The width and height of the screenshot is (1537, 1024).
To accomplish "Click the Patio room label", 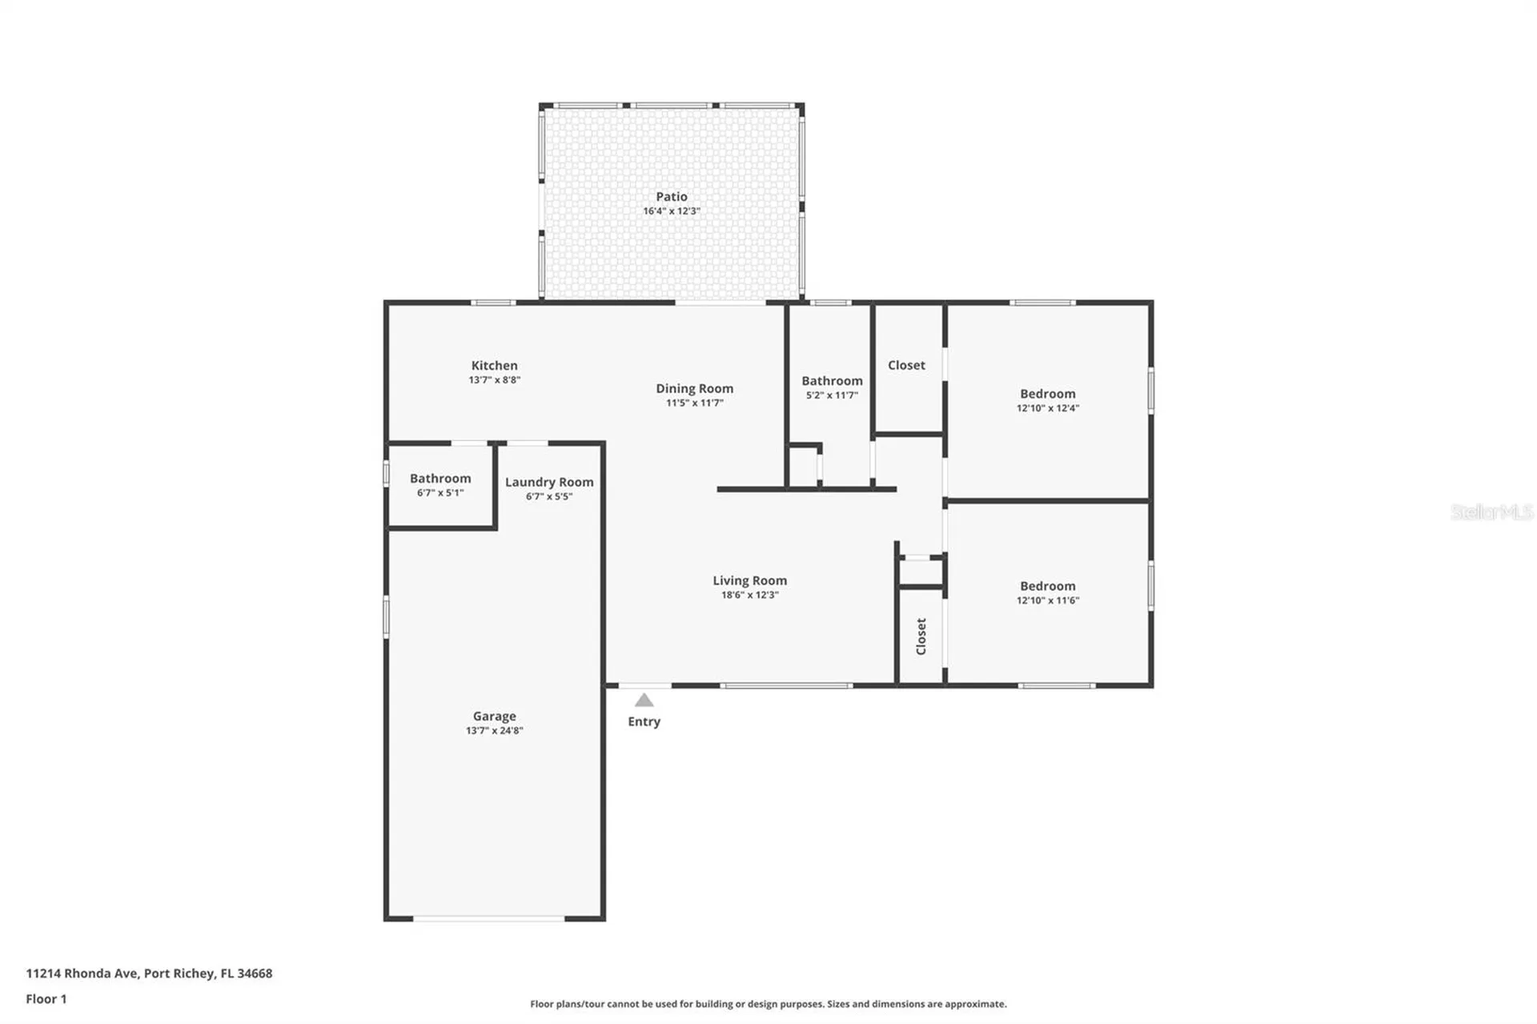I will point(671,196).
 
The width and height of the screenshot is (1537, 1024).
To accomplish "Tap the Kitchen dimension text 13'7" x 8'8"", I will point(494,380).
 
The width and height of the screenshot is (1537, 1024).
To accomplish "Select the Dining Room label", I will point(694,388).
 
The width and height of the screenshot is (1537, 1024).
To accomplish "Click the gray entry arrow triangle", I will point(644,701).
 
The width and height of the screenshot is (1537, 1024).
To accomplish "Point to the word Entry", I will point(644,721).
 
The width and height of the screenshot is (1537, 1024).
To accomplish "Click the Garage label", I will point(494,716).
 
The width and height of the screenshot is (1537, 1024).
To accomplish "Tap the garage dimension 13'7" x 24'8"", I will point(494,730).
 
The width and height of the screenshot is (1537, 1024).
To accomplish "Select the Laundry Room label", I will point(549,482).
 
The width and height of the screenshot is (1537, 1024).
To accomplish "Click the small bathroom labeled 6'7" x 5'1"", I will point(440,485).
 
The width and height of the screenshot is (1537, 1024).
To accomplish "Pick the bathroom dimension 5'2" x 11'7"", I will point(832,396).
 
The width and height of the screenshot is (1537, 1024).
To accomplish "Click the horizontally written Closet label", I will point(906,365).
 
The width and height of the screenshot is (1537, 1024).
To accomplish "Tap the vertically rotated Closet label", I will point(921,636).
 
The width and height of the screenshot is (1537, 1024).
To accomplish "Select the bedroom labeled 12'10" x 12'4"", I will point(1047,400).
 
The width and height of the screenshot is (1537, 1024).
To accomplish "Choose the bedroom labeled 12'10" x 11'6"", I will point(1047,592).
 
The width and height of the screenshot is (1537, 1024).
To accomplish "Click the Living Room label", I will point(749,580).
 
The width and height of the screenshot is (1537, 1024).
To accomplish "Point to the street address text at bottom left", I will point(149,974).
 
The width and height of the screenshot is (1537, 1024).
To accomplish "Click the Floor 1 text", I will point(46,998).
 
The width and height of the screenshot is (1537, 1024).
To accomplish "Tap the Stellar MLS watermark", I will point(1491,512).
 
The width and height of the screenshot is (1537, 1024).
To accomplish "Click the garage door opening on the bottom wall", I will point(489,918).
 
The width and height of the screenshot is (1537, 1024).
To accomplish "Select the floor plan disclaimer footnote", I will point(768,1004).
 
